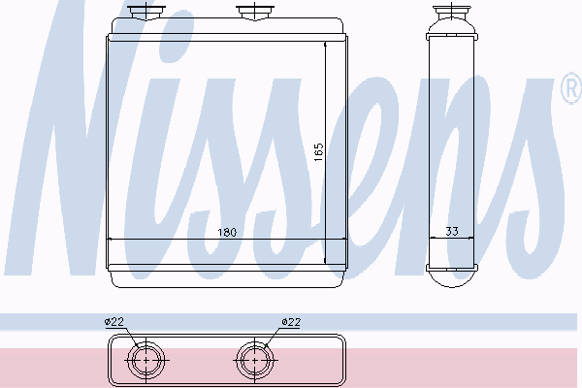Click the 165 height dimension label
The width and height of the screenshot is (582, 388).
click(x=318, y=152)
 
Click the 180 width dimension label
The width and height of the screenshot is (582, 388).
click(x=227, y=233)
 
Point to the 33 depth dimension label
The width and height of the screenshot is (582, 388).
click(x=452, y=231)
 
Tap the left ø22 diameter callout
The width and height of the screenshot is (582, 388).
click(x=113, y=321)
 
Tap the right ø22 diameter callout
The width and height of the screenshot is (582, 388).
click(x=291, y=321)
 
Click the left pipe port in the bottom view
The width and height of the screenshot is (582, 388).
click(x=146, y=360)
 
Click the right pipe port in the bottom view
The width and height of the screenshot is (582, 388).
click(x=254, y=360)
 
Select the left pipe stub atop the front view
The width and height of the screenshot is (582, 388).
click(x=145, y=12)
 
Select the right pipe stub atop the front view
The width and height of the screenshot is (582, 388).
click(x=255, y=12)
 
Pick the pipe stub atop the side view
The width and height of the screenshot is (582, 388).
click(x=452, y=13)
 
